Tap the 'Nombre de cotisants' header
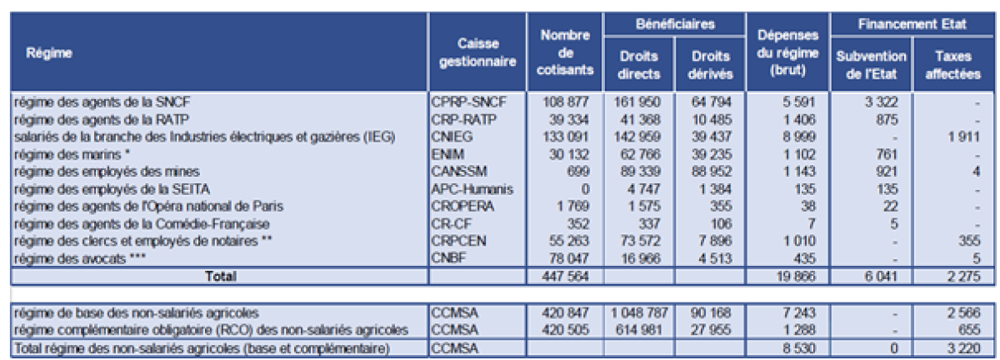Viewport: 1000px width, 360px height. click(565, 52)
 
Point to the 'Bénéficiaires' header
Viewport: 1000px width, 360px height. click(674, 24)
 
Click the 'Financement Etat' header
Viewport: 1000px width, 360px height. click(912, 24)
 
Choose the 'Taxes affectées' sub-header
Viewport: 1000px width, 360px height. click(951, 64)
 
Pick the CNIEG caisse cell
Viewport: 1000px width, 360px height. click(454, 136)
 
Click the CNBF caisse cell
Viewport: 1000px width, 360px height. click(451, 257)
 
